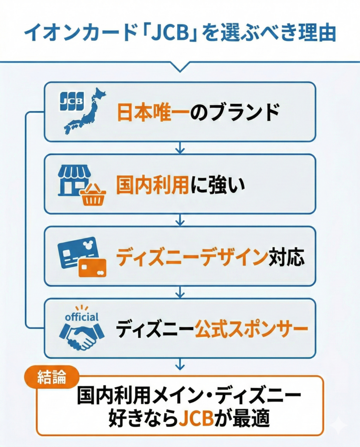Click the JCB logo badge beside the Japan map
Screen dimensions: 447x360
click(x=70, y=101)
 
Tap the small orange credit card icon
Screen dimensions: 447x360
click(x=93, y=267)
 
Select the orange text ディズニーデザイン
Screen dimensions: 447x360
click(x=192, y=258)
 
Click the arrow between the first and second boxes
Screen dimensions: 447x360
click(x=180, y=148)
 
